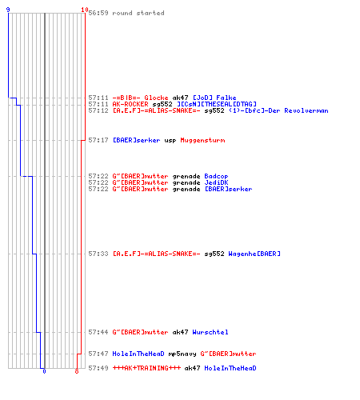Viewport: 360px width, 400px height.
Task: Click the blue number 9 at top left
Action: coord(8,10)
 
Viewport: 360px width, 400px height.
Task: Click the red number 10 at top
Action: coord(85,10)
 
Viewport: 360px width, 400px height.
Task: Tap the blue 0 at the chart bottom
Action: coord(44,371)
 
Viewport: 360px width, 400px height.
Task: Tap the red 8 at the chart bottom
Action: coord(77,371)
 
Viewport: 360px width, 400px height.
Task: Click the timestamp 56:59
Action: coord(98,13)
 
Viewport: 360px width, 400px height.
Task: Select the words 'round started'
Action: coord(138,13)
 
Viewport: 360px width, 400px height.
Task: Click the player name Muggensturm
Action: coord(202,140)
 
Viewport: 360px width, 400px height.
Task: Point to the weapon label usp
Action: coord(170,141)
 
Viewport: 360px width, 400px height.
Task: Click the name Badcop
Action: coord(216,176)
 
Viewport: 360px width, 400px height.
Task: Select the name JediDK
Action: coord(216,182)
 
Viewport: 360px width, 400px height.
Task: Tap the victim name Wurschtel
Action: coord(210,332)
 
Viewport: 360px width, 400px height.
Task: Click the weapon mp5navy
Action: coord(182,354)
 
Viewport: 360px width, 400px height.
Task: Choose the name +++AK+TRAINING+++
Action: coord(146,368)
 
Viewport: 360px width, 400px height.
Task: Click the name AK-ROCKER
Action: coord(130,104)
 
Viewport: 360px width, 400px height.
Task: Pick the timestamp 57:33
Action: coord(98,254)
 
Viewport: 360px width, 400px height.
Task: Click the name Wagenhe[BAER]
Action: coord(254,254)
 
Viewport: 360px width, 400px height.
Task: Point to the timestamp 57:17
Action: coord(98,140)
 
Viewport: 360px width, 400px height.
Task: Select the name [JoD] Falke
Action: coord(214,98)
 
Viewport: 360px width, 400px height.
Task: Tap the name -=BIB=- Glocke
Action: coord(140,98)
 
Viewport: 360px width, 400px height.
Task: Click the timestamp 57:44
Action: coord(98,332)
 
